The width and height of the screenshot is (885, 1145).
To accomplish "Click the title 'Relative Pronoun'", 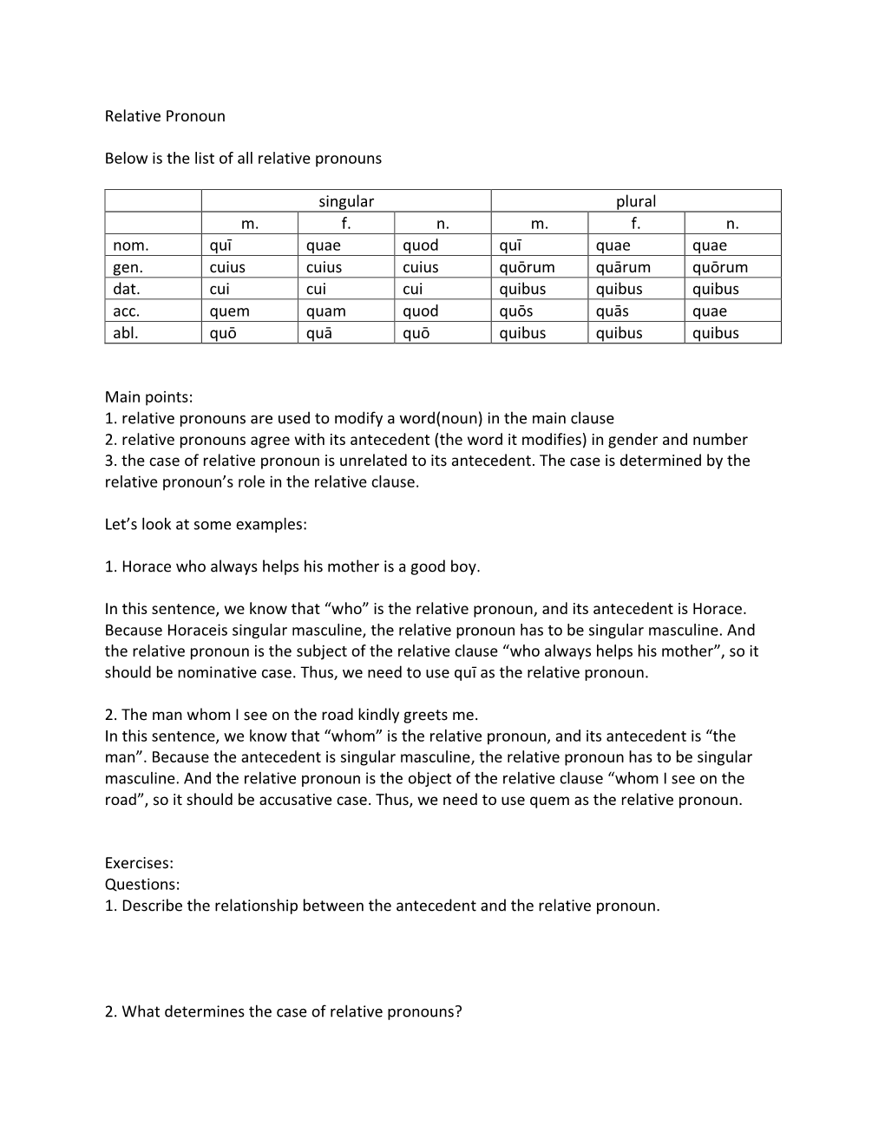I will pos(165,116).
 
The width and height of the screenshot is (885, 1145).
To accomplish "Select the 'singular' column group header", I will pos(346,201).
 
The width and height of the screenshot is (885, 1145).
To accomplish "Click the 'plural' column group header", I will pos(636,201).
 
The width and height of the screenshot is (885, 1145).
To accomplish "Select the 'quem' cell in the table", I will pos(229,311).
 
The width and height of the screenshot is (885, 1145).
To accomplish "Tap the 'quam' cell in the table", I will pos(326,311).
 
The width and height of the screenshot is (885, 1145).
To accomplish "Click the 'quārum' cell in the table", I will pos(623,267).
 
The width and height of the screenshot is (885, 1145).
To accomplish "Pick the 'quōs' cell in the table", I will pos(518,311).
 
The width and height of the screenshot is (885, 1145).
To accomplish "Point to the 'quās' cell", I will pos(614,311).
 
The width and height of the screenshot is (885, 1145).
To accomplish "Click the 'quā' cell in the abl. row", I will pos(319,333).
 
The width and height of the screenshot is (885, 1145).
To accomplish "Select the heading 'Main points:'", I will pos(148,397).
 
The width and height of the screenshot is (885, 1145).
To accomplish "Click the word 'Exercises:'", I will pos(139,863).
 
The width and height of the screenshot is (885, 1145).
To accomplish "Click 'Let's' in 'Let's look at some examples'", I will pos(123,525).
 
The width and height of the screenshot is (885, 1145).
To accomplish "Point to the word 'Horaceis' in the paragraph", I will pos(197,631).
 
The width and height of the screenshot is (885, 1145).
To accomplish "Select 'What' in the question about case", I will pos(140,1011).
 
